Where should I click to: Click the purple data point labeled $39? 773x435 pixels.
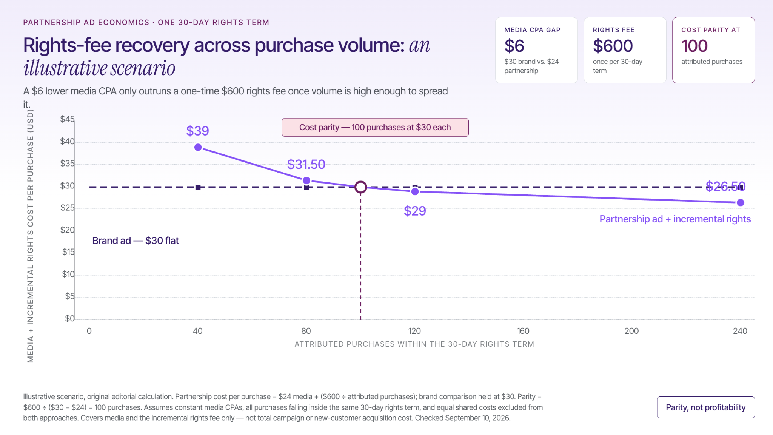(198, 147)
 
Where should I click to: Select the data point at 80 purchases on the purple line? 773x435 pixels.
(306, 180)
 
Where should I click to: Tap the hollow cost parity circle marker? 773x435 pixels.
(361, 187)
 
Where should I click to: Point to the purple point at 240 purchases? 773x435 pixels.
(741, 203)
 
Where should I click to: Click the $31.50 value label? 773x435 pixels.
(306, 164)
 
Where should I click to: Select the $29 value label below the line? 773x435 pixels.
(415, 211)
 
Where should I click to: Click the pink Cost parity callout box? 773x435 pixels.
(375, 127)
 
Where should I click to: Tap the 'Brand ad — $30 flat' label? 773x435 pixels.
(136, 241)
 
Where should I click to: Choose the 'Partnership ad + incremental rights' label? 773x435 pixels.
(675, 219)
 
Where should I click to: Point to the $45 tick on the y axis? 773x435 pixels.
(68, 119)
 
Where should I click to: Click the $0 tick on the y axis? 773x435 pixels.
(70, 318)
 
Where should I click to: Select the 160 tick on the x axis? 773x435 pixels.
(523, 331)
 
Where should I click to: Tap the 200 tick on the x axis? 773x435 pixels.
(631, 331)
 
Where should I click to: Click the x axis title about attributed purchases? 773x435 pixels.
(414, 344)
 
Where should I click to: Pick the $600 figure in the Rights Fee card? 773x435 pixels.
(613, 46)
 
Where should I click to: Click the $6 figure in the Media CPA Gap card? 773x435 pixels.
(514, 46)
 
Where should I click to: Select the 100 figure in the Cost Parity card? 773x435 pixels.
(694, 46)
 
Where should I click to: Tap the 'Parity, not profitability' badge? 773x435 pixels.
(706, 407)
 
